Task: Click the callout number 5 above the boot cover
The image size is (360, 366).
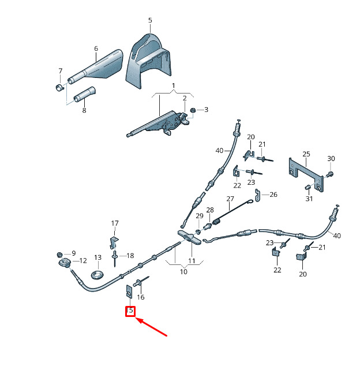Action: click(x=150, y=20)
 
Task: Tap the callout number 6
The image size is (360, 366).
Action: click(x=96, y=48)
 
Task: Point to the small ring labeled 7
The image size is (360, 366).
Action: click(x=60, y=88)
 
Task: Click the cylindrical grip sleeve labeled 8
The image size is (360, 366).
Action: click(x=84, y=95)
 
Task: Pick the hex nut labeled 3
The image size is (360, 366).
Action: click(x=193, y=110)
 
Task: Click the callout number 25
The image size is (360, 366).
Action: click(x=306, y=154)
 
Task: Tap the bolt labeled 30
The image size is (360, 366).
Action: click(x=331, y=174)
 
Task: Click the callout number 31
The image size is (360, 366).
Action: click(x=309, y=199)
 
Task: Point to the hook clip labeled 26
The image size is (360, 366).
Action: click(x=257, y=195)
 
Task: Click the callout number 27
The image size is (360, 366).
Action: click(x=230, y=199)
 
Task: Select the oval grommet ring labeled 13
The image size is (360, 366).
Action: click(x=97, y=275)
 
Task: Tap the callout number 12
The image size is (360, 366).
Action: click(x=83, y=260)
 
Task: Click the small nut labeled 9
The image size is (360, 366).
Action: click(x=60, y=255)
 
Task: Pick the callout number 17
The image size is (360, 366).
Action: click(x=115, y=223)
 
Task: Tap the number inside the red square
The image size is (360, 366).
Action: click(x=130, y=311)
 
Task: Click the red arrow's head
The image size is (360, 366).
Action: click(x=137, y=319)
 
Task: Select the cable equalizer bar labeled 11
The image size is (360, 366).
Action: click(x=189, y=237)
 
